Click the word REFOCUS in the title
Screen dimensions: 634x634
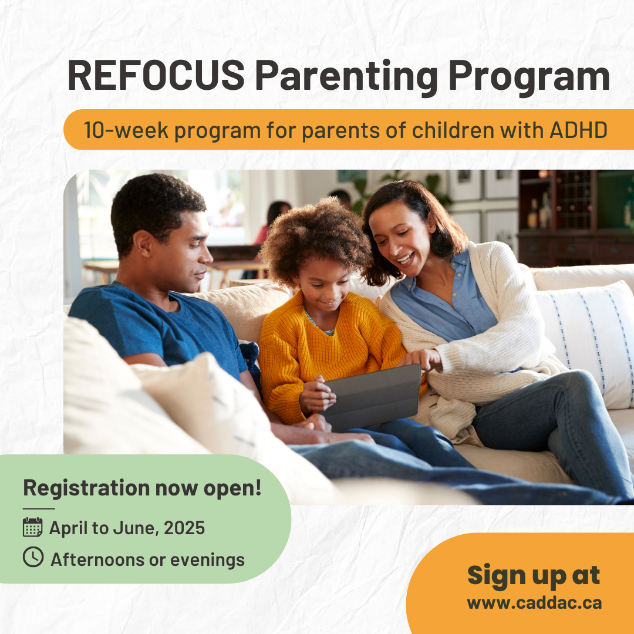156,75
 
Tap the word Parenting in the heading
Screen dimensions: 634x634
346,77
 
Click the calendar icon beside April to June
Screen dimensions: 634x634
33,527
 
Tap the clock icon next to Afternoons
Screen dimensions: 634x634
33,557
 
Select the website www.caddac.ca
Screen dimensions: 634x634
534,603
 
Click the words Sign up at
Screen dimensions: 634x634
534,575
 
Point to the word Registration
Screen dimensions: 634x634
86,488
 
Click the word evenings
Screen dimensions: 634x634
207,560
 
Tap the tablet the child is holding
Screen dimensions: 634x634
373,397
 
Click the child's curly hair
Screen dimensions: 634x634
315,238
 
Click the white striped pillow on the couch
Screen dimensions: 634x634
584,343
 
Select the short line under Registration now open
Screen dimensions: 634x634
39,508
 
